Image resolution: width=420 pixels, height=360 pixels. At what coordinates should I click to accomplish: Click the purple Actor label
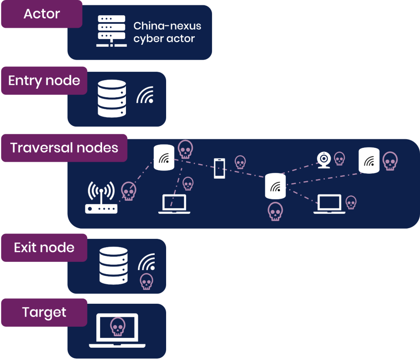pyautogui.click(x=41, y=14)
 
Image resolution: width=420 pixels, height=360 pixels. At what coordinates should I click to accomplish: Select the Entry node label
pyautogui.click(x=44, y=80)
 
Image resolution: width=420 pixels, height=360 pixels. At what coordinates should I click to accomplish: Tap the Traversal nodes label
pyautogui.click(x=64, y=148)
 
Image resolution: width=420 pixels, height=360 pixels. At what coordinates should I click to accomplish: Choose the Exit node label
pyautogui.click(x=44, y=248)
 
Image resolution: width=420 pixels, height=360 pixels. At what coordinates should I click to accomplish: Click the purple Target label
pyautogui.click(x=44, y=312)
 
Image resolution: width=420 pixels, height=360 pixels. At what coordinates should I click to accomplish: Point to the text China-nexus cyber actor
pyautogui.click(x=167, y=32)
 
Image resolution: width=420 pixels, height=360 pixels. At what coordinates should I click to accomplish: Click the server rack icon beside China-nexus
pyautogui.click(x=111, y=31)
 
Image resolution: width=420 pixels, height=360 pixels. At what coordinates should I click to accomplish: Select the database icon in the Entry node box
pyautogui.click(x=112, y=98)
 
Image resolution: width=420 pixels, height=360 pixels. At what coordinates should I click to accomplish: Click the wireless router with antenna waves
pyautogui.click(x=101, y=198)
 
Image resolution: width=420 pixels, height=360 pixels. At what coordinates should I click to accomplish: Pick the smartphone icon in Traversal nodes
pyautogui.click(x=220, y=168)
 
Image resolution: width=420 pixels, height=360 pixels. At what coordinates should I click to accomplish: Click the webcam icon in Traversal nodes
pyautogui.click(x=324, y=160)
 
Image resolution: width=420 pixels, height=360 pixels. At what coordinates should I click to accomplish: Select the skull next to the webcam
pyautogui.click(x=339, y=158)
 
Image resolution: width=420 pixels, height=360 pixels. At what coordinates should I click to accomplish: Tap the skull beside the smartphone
pyautogui.click(x=240, y=162)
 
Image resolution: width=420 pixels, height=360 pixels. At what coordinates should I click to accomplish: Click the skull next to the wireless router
pyautogui.click(x=128, y=191)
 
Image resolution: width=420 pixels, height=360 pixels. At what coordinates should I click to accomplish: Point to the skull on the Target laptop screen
pyautogui.click(x=118, y=327)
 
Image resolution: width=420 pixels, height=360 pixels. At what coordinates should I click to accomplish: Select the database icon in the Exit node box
pyautogui.click(x=114, y=266)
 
